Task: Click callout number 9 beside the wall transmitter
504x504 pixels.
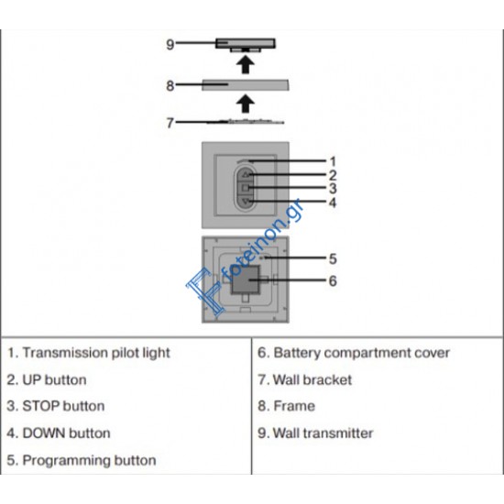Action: (170, 44)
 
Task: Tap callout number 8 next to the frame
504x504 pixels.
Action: (170, 86)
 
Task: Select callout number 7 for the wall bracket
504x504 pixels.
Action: (170, 123)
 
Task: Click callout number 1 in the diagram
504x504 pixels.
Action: (333, 161)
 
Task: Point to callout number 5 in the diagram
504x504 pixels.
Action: (333, 258)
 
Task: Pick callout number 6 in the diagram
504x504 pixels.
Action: (333, 281)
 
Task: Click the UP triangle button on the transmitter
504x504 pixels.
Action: (246, 175)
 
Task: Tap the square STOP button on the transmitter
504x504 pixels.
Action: (246, 188)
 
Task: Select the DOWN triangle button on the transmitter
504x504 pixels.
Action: (246, 202)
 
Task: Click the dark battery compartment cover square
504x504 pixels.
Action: (246, 280)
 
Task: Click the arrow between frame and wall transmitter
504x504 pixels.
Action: (246, 65)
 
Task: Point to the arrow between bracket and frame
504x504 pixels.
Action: (246, 104)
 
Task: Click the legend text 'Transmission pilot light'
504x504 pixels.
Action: (96, 353)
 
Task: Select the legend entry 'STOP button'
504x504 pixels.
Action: (63, 406)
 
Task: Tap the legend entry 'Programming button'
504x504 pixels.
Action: (89, 461)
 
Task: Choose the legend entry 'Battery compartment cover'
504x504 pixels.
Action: (361, 353)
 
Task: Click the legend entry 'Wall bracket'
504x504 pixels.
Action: (312, 380)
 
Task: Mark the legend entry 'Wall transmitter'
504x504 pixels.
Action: (323, 433)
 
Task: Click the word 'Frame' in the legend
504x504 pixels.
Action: (294, 406)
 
